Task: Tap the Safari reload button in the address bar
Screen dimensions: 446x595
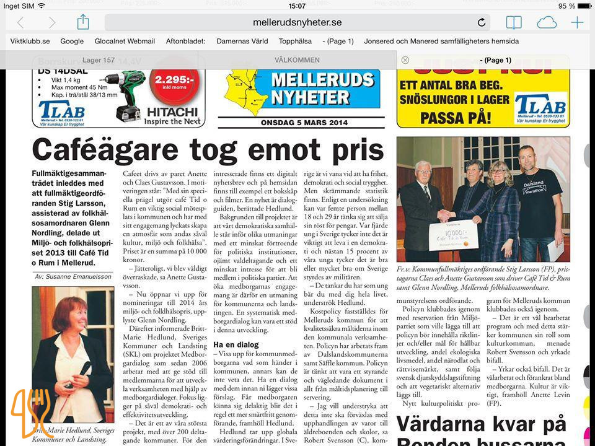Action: (x=482, y=22)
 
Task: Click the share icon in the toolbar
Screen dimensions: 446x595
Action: (x=83, y=22)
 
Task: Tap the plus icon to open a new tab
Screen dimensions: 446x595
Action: (x=577, y=22)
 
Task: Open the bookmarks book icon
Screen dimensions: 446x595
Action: (x=514, y=22)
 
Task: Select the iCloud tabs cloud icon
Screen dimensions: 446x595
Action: (x=547, y=22)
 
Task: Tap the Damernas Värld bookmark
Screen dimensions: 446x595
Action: (x=242, y=42)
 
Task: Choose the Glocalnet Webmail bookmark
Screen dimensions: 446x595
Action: (x=125, y=42)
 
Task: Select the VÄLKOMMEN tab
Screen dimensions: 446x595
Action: (x=297, y=60)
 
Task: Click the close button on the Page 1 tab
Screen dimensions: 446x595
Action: (x=405, y=60)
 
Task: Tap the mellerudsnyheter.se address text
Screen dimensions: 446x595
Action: (x=297, y=22)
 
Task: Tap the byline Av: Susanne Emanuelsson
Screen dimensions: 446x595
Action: (x=73, y=276)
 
